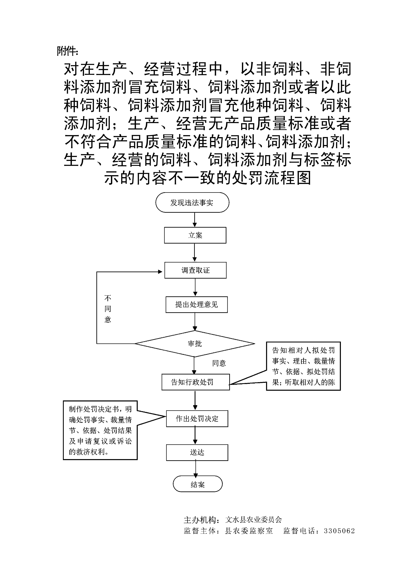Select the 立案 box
pyautogui.click(x=195, y=235)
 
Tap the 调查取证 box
pyautogui.click(x=195, y=270)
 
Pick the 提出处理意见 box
pyautogui.click(x=196, y=305)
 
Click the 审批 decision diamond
pyautogui.click(x=195, y=343)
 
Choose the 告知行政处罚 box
pyautogui.click(x=196, y=382)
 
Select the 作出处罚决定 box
pyautogui.click(x=197, y=419)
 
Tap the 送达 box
pyautogui.click(x=197, y=453)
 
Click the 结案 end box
pyautogui.click(x=198, y=484)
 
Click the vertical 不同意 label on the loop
pyautogui.click(x=108, y=309)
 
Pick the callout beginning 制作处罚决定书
pyautogui.click(x=100, y=430)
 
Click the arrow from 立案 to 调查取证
pyautogui.click(x=195, y=252)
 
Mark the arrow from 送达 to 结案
pyautogui.click(x=196, y=468)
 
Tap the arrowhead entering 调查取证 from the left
pyautogui.click(x=160, y=272)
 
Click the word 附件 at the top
pyautogui.click(x=67, y=51)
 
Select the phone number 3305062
pyautogui.click(x=339, y=531)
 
